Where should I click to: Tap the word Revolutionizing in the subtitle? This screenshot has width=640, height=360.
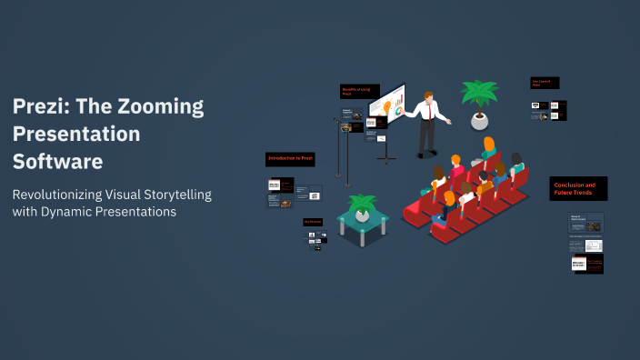coord(67,195)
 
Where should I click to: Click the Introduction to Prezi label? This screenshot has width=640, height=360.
coord(290,158)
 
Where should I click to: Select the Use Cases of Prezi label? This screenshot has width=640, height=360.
coord(545,83)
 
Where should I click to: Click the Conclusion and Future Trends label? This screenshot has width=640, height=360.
coord(578,188)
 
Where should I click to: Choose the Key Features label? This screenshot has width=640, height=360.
coord(314,222)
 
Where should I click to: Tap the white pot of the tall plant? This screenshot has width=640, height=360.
coord(479,119)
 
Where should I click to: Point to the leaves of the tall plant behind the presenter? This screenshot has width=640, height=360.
coord(479,93)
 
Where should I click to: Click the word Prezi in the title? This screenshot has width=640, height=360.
coord(38,106)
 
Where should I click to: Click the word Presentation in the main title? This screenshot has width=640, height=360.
coord(76,134)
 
